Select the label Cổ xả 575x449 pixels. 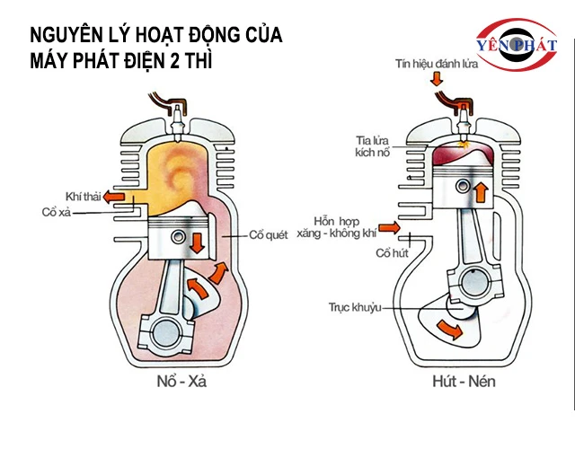57,213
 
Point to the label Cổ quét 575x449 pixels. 270,235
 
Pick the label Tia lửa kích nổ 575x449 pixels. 376,146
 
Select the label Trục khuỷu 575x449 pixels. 356,308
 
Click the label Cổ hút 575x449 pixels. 393,254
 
